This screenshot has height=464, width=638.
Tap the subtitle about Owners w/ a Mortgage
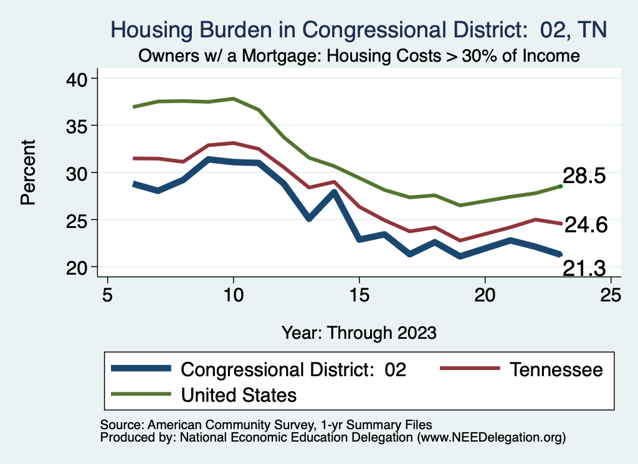click(x=358, y=56)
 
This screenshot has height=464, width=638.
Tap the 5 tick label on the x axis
click(x=108, y=294)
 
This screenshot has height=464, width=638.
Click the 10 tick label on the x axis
click(x=233, y=294)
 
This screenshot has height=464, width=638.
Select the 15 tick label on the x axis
click(x=359, y=294)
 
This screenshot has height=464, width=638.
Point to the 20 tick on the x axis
click(x=485, y=294)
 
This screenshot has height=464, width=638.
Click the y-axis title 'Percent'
click(x=27, y=173)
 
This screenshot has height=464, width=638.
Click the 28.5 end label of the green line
click(x=584, y=176)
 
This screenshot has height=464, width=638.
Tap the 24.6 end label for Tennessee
click(x=585, y=225)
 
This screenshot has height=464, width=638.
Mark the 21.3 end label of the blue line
click(x=584, y=268)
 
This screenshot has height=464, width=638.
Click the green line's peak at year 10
click(x=233, y=98)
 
